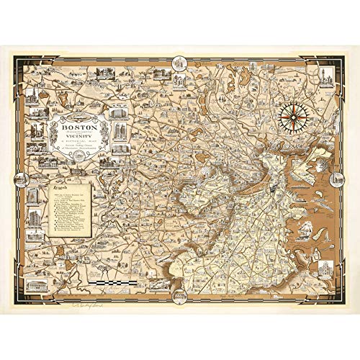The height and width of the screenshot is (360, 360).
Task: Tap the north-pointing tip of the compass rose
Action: (293, 99)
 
